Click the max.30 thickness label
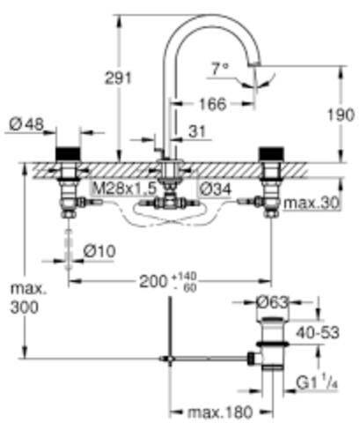313,204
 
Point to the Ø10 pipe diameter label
100,250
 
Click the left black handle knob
67,152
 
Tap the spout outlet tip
257,68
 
